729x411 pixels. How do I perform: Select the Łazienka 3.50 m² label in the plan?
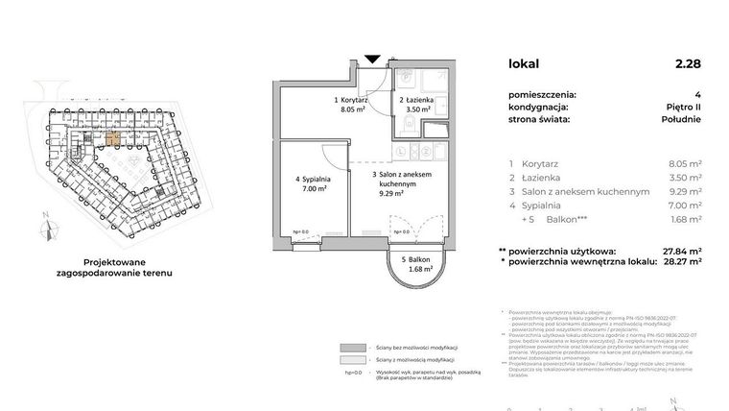[417, 106]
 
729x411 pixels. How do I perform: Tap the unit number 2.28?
[688, 64]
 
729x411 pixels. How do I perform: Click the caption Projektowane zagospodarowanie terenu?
[121, 266]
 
